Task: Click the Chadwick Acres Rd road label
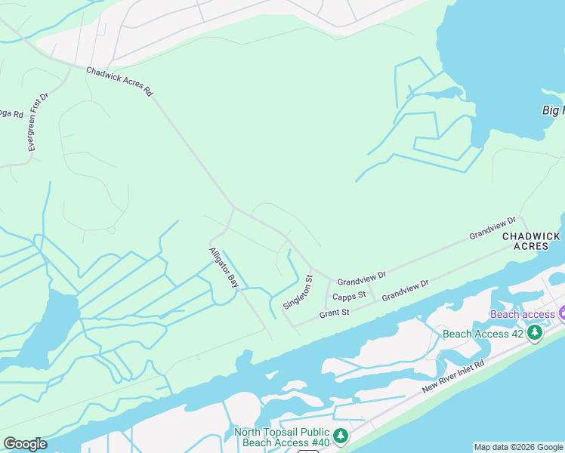pyautogui.click(x=119, y=82)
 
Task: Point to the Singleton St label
pyautogui.click(x=298, y=291)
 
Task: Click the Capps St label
pyautogui.click(x=349, y=295)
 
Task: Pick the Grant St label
pyautogui.click(x=334, y=313)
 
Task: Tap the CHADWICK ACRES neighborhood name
pyautogui.click(x=532, y=241)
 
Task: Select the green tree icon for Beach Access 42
pyautogui.click(x=535, y=333)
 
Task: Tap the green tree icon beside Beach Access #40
pyautogui.click(x=341, y=436)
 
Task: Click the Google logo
pyautogui.click(x=25, y=444)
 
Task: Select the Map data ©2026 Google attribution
pyautogui.click(x=518, y=447)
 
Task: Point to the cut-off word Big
pyautogui.click(x=554, y=110)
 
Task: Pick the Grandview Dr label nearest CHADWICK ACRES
pyautogui.click(x=492, y=229)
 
